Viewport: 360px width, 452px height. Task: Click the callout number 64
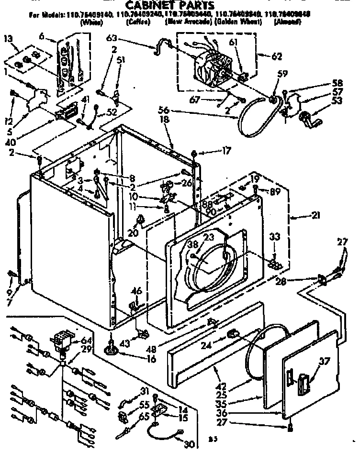pos(87,341)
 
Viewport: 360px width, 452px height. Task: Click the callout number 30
pos(189,444)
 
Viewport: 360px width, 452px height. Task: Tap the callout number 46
pos(136,291)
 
